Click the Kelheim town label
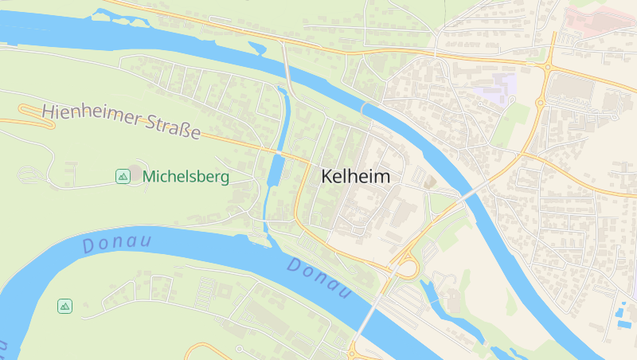pyautogui.click(x=356, y=177)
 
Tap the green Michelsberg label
pyautogui.click(x=186, y=177)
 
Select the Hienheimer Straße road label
pyautogui.click(x=120, y=121)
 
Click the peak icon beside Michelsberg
pyautogui.click(x=123, y=176)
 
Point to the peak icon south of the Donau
pyautogui.click(x=64, y=306)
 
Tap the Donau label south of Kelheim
pyautogui.click(x=319, y=279)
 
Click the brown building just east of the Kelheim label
pyautogui.click(x=430, y=182)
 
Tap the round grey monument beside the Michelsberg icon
pyautogui.click(x=135, y=172)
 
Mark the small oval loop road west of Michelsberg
pyautogui.click(x=29, y=173)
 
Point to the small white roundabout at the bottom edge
pyautogui.click(x=239, y=350)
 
